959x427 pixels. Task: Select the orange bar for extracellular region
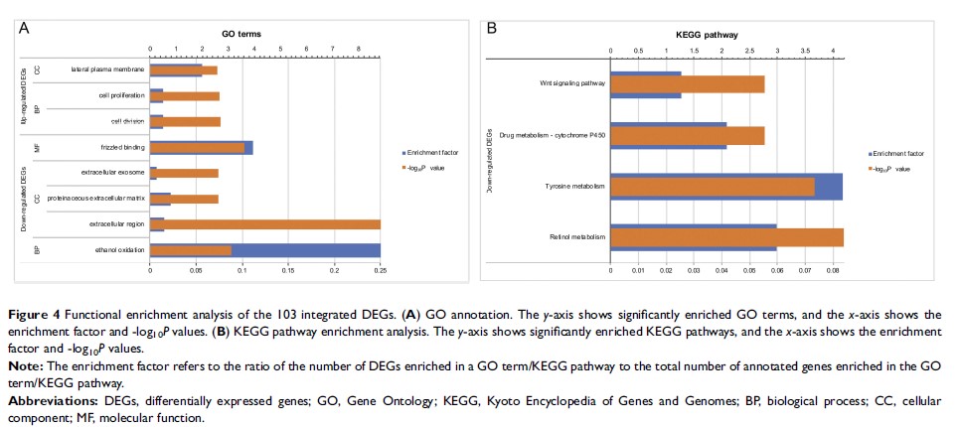pos(265,224)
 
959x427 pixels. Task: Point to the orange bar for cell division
pos(186,122)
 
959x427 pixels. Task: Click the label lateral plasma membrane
pos(107,71)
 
